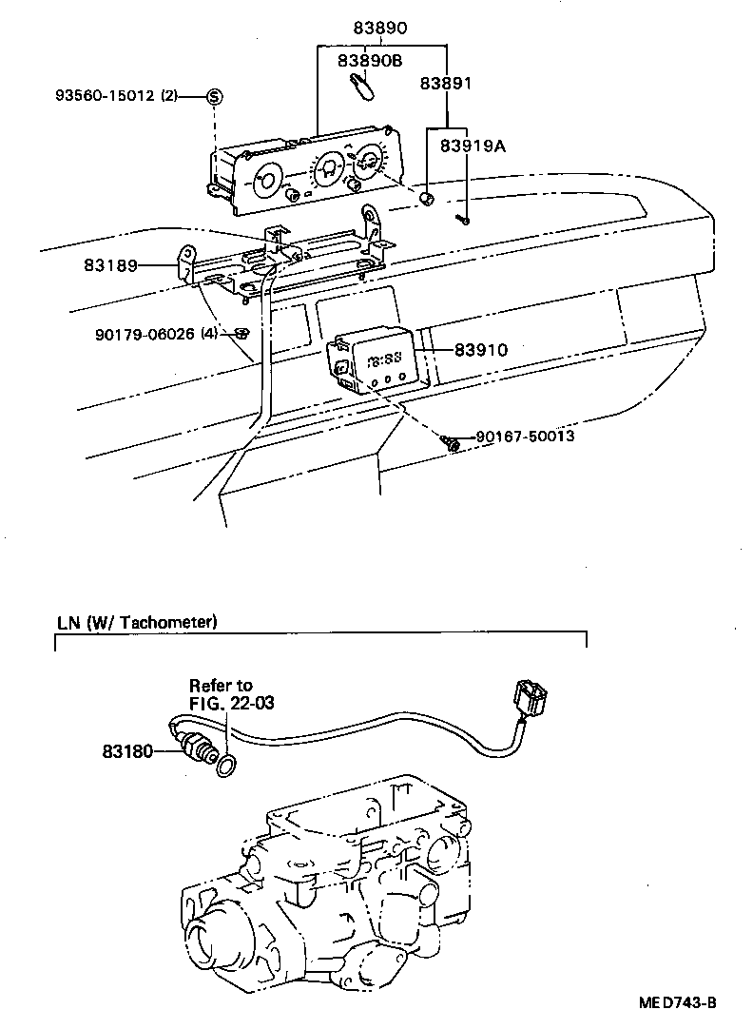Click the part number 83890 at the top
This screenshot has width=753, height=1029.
click(381, 29)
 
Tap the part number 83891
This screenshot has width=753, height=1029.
click(446, 84)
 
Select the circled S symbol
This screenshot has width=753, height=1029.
click(214, 96)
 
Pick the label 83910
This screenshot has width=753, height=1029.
click(480, 350)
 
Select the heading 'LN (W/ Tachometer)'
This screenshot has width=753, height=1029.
click(137, 623)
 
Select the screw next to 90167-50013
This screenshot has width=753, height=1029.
click(451, 441)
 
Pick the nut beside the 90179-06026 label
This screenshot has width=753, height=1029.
click(241, 332)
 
